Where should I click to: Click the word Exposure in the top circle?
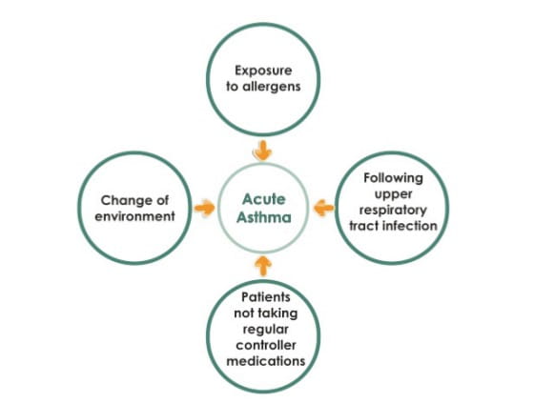[263, 71]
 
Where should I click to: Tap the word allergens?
[272, 87]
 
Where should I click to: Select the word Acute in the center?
[264, 199]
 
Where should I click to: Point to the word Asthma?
[264, 217]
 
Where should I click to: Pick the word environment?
[135, 216]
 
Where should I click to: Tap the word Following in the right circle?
[393, 178]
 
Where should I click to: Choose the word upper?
[393, 194]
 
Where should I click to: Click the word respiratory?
[393, 211]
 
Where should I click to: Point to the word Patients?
[266, 297]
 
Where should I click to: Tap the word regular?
[266, 330]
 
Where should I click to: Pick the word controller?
[266, 345]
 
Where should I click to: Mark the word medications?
[266, 361]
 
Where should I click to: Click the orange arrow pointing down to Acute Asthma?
[262, 151]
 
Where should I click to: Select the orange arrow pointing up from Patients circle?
[263, 266]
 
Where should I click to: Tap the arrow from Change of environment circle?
[204, 208]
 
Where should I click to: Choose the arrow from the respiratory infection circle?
[323, 208]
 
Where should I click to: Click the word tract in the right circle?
[364, 226]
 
